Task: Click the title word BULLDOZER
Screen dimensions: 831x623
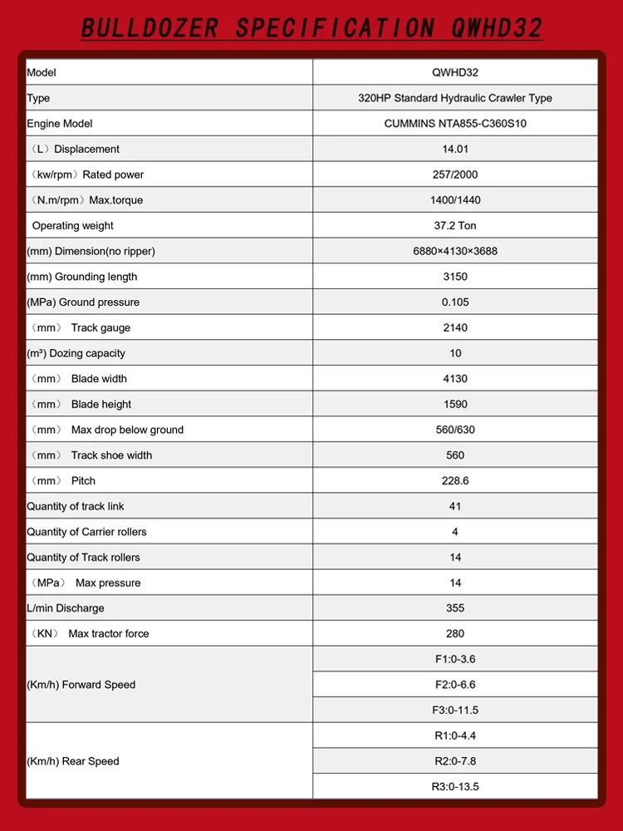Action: click(150, 28)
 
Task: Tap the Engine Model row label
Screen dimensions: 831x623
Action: click(60, 124)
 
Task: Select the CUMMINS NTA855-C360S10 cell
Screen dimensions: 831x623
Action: click(455, 124)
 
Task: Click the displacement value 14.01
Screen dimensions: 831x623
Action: click(455, 150)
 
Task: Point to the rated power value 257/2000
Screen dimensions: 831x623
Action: click(455, 175)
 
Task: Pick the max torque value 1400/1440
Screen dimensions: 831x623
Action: click(455, 200)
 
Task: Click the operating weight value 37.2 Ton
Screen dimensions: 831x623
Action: click(455, 226)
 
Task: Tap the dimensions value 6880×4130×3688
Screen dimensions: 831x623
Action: click(455, 251)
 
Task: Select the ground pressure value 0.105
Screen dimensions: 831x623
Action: click(455, 302)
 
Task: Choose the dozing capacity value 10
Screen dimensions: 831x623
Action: click(455, 353)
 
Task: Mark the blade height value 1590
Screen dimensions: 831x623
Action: click(455, 405)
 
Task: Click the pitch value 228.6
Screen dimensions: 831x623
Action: click(455, 481)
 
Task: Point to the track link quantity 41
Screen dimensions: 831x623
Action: click(455, 506)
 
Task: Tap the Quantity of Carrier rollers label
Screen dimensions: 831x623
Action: click(86, 532)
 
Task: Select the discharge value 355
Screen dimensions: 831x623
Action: click(455, 608)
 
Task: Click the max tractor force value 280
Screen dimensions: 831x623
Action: click(455, 634)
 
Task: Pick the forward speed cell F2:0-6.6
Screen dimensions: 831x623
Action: click(455, 685)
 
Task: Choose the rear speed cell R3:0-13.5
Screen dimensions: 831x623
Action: click(455, 787)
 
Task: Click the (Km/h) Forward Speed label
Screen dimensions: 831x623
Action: click(81, 685)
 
